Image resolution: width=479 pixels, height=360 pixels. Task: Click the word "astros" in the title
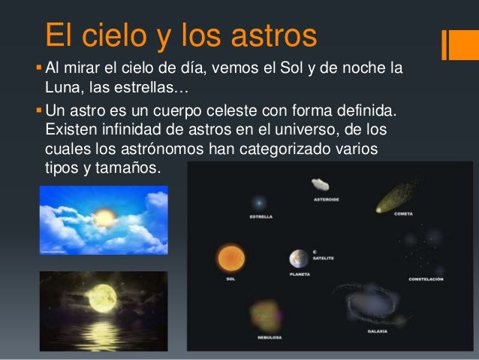[264, 35]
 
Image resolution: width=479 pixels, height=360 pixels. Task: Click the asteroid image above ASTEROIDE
[321, 185]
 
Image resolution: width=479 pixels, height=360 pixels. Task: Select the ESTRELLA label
[261, 216]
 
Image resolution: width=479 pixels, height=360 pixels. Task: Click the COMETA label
[403, 214]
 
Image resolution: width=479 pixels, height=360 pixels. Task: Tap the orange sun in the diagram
[231, 258]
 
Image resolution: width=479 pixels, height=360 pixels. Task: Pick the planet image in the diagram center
[299, 259]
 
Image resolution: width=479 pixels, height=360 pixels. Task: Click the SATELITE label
[324, 258]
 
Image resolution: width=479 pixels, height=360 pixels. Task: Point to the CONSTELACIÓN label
[426, 279]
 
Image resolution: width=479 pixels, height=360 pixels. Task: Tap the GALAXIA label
[377, 331]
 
